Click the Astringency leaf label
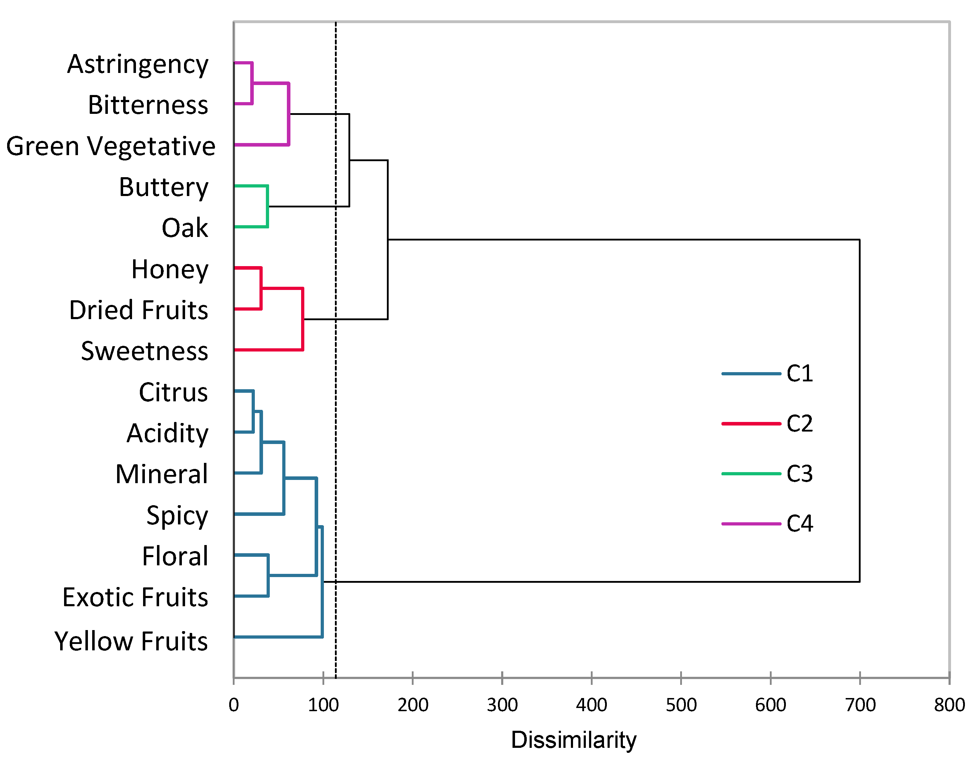click(137, 64)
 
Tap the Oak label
click(184, 228)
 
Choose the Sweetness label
click(144, 352)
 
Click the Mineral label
click(162, 474)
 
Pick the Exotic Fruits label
click(135, 598)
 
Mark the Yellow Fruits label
click(131, 641)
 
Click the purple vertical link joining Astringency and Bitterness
click(252, 84)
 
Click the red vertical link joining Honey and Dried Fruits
click(261, 289)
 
